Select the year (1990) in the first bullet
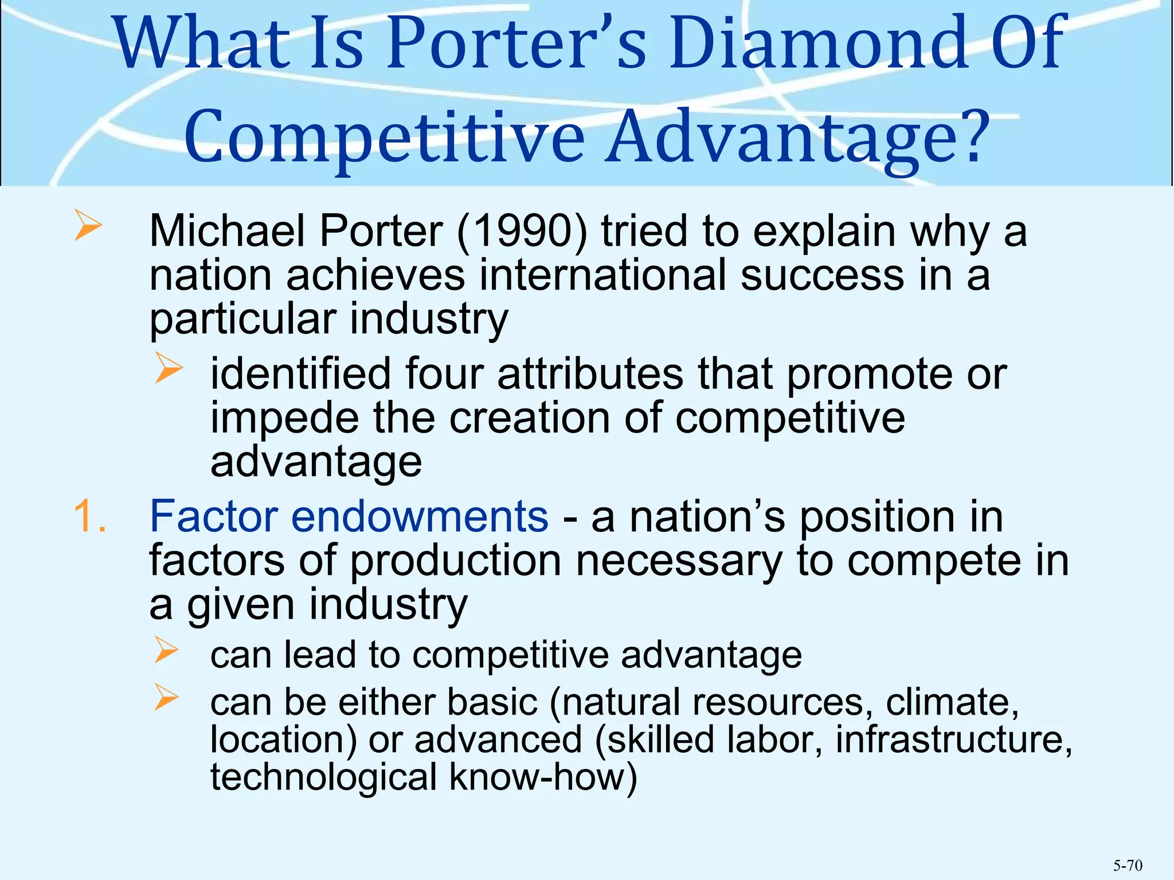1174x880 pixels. pos(522,232)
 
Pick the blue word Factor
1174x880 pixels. pos(213,516)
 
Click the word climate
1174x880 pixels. pos(952,702)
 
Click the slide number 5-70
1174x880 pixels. pos(1128,865)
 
